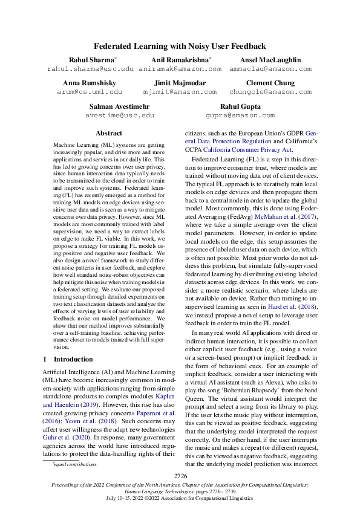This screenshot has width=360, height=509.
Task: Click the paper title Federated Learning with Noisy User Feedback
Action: pos(180,46)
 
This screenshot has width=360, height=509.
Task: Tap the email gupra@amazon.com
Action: pos(240,115)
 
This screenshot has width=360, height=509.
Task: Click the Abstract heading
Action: pos(110,133)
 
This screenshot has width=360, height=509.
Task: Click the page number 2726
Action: pos(180,477)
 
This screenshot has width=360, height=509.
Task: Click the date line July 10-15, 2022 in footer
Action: pos(180,498)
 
